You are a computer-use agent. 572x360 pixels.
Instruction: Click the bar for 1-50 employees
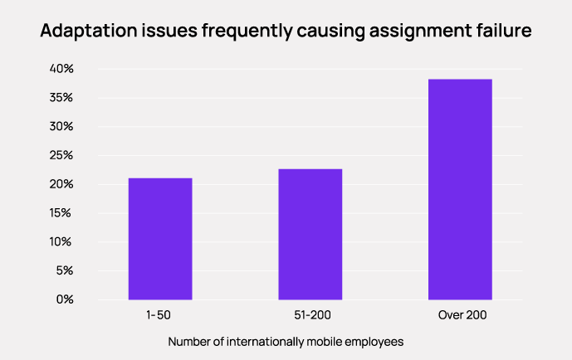click(x=159, y=239)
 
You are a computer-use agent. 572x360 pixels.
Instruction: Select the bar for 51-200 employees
click(x=310, y=234)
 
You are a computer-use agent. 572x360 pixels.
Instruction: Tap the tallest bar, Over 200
click(x=460, y=189)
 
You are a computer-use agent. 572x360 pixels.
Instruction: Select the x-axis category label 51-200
click(x=310, y=316)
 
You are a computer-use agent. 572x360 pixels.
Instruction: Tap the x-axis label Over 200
click(x=461, y=316)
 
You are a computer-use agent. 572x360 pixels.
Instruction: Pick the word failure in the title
click(x=501, y=32)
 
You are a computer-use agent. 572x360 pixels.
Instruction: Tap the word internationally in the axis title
click(x=269, y=342)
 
